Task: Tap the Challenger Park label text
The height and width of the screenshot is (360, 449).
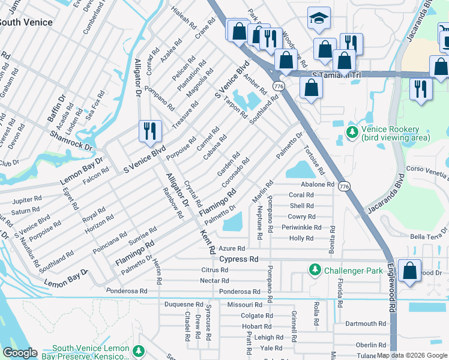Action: click(x=353, y=271)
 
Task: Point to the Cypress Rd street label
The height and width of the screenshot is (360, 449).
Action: click(x=238, y=259)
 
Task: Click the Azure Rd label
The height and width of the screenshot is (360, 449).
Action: click(x=232, y=248)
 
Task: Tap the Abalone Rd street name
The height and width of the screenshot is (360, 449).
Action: click(x=317, y=185)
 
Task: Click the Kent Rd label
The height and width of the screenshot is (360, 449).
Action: click(x=208, y=239)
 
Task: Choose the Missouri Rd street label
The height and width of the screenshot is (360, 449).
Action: click(x=245, y=305)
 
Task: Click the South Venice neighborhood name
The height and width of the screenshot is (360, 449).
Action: click(x=25, y=22)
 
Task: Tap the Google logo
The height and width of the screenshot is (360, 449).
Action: click(x=20, y=353)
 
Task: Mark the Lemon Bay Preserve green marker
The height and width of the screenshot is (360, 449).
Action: click(x=139, y=350)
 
